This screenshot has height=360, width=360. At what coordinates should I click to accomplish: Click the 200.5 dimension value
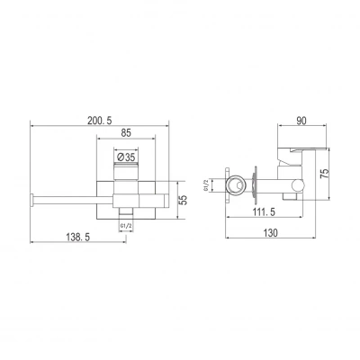coord(100,121)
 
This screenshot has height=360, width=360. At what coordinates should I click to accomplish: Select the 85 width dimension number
coord(126,133)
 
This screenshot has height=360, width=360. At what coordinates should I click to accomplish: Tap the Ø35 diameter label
coord(126,157)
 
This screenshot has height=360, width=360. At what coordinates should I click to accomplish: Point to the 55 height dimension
coord(184,200)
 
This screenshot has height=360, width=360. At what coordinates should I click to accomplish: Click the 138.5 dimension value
coord(78,238)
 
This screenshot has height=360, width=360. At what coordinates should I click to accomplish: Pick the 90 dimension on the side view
coord(301,121)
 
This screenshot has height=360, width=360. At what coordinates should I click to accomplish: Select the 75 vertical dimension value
coord(325,174)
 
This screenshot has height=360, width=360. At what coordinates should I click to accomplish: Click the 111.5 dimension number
coord(263,212)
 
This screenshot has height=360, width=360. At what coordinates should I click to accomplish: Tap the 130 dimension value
coord(271,232)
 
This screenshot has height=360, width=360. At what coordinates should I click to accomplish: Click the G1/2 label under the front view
coord(126,226)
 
